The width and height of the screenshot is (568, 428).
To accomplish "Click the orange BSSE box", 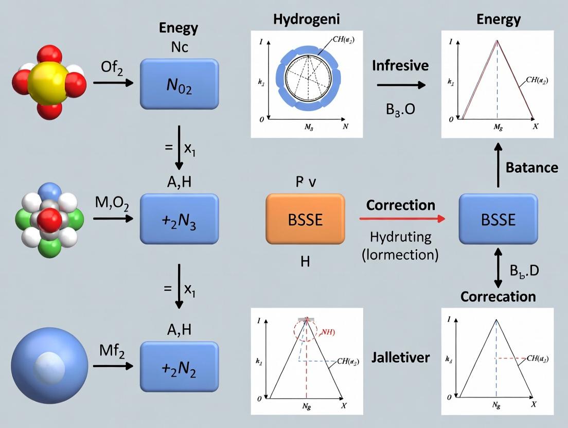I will pyautogui.click(x=305, y=219).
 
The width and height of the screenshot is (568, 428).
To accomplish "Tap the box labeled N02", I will pyautogui.click(x=179, y=83).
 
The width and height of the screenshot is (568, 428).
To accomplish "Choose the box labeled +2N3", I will pyautogui.click(x=179, y=219).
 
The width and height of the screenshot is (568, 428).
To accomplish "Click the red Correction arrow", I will pyautogui.click(x=401, y=219).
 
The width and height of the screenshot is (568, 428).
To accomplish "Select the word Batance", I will pyautogui.click(x=531, y=167).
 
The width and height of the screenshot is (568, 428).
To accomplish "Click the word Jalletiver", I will pyautogui.click(x=400, y=357).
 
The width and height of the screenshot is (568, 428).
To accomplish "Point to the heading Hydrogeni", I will pyautogui.click(x=307, y=20).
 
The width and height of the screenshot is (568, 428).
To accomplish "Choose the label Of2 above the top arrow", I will pyautogui.click(x=112, y=67).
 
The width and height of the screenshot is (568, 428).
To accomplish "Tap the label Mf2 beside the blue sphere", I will pyautogui.click(x=112, y=350).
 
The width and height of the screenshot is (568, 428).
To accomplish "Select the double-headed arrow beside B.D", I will pyautogui.click(x=498, y=268).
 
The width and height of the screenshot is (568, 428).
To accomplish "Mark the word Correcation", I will pyautogui.click(x=498, y=296).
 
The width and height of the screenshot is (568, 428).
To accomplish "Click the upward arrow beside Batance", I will pyautogui.click(x=498, y=165).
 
